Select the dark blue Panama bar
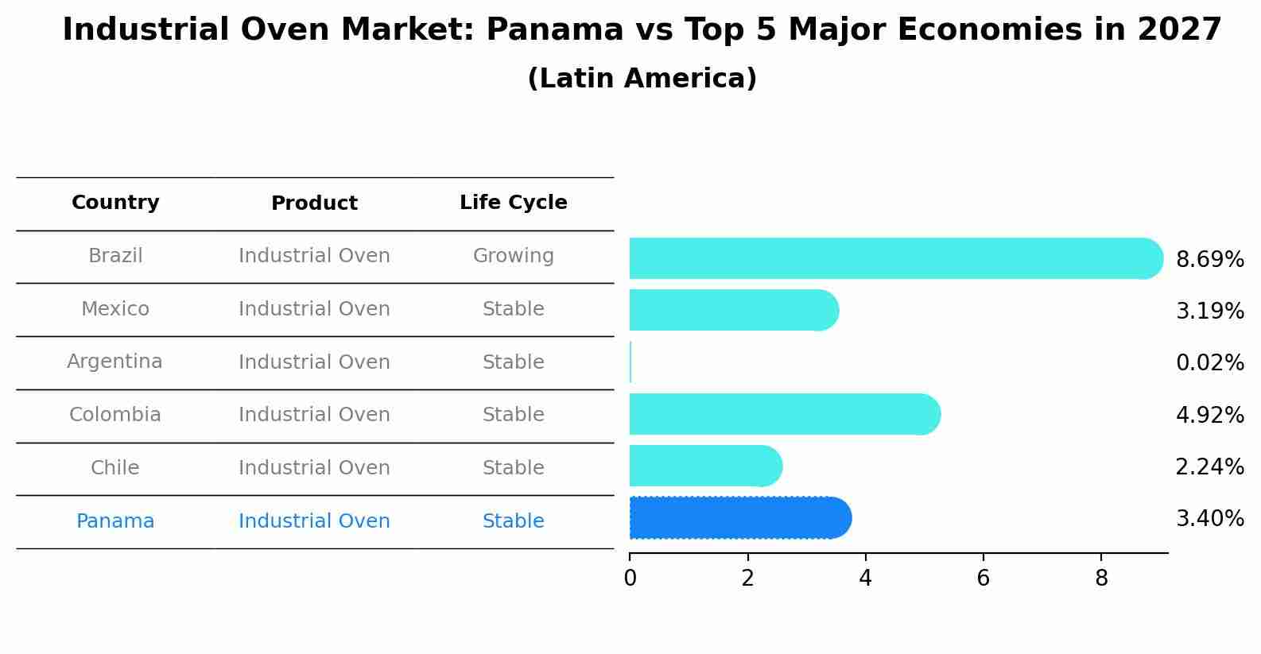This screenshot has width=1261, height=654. (x=739, y=518)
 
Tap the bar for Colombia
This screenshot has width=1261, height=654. (x=784, y=414)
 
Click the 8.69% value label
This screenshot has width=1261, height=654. (x=1209, y=260)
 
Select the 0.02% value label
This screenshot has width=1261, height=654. (x=1209, y=363)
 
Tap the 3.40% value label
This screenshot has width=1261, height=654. (x=1209, y=519)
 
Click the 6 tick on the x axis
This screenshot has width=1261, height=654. (x=984, y=579)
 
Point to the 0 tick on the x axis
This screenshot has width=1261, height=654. (x=630, y=579)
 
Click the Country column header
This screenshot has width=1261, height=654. (x=115, y=203)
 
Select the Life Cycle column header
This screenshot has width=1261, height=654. (x=513, y=203)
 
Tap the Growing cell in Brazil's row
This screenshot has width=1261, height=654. (x=513, y=256)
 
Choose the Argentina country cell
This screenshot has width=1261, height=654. (x=115, y=362)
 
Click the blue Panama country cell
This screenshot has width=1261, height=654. (x=115, y=521)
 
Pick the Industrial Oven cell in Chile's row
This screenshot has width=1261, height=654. (x=314, y=468)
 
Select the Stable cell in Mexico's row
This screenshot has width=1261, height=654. (x=513, y=309)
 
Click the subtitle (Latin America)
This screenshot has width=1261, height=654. (x=642, y=79)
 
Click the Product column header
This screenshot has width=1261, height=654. (x=314, y=203)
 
